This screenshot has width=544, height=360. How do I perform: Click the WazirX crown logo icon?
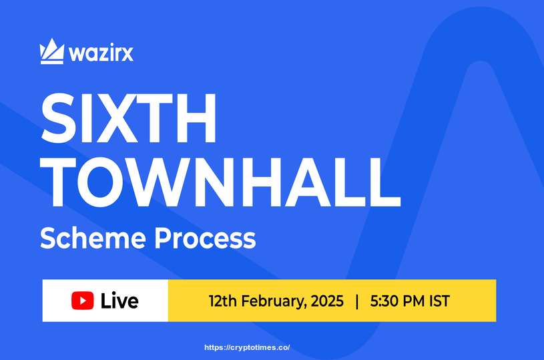(x=52, y=52)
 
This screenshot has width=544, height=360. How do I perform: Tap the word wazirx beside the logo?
(x=99, y=53)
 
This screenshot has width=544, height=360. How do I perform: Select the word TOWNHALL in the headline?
(x=220, y=181)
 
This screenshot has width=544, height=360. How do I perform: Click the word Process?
(x=207, y=238)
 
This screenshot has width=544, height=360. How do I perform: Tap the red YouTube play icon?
(x=83, y=301)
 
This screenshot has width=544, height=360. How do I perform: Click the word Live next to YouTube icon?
(x=119, y=301)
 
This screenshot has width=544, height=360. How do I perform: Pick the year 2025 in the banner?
(x=327, y=301)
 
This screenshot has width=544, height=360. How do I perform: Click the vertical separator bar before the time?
(x=357, y=301)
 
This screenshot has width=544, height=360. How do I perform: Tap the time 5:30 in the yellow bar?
(x=384, y=301)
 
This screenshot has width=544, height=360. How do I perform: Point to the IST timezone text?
(x=439, y=301)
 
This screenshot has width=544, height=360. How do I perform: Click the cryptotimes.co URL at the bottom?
(x=246, y=348)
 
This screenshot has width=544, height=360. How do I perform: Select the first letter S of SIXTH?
(x=59, y=121)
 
